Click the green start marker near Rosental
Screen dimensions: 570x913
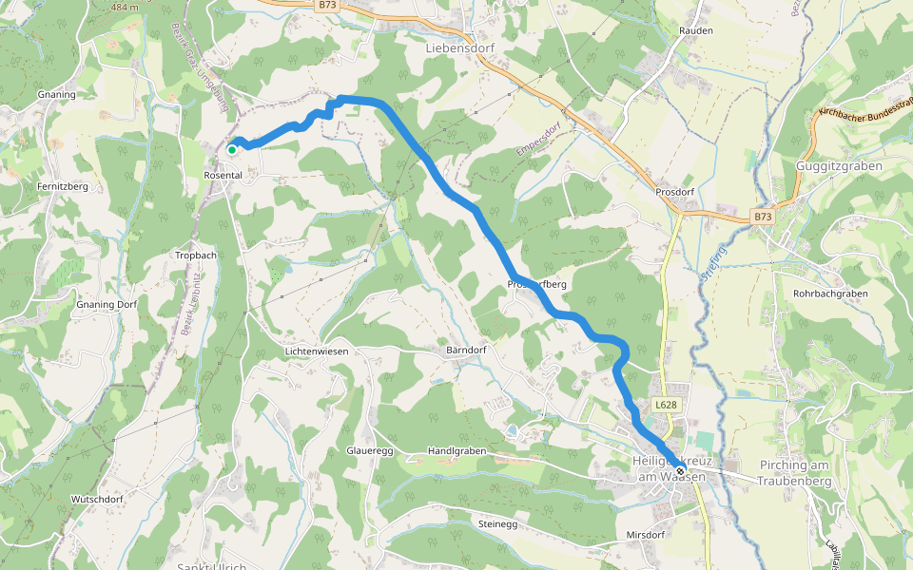pyautogui.click(x=231, y=149)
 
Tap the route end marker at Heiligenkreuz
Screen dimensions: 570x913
pyautogui.click(x=681, y=470)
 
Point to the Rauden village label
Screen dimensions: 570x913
pyautogui.click(x=696, y=31)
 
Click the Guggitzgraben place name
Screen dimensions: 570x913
pyautogui.click(x=839, y=166)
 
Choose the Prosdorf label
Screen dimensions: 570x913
pyautogui.click(x=674, y=192)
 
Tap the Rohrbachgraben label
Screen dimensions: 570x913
pyautogui.click(x=830, y=294)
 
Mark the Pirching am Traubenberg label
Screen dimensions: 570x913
pyautogui.click(x=795, y=473)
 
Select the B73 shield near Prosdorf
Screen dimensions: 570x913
pyautogui.click(x=763, y=217)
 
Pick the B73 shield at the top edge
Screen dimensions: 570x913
pyautogui.click(x=327, y=5)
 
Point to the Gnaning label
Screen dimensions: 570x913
pyautogui.click(x=56, y=96)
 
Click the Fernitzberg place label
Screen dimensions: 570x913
pyautogui.click(x=64, y=186)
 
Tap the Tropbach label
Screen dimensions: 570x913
pyautogui.click(x=196, y=256)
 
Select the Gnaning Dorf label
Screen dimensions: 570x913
pyautogui.click(x=107, y=305)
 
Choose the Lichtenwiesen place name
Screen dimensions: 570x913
pyautogui.click(x=317, y=351)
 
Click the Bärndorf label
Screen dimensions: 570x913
pyautogui.click(x=466, y=350)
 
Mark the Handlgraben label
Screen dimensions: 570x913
pyautogui.click(x=456, y=450)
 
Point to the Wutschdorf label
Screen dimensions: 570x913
pyautogui.click(x=97, y=499)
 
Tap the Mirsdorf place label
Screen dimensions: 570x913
pyautogui.click(x=645, y=535)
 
